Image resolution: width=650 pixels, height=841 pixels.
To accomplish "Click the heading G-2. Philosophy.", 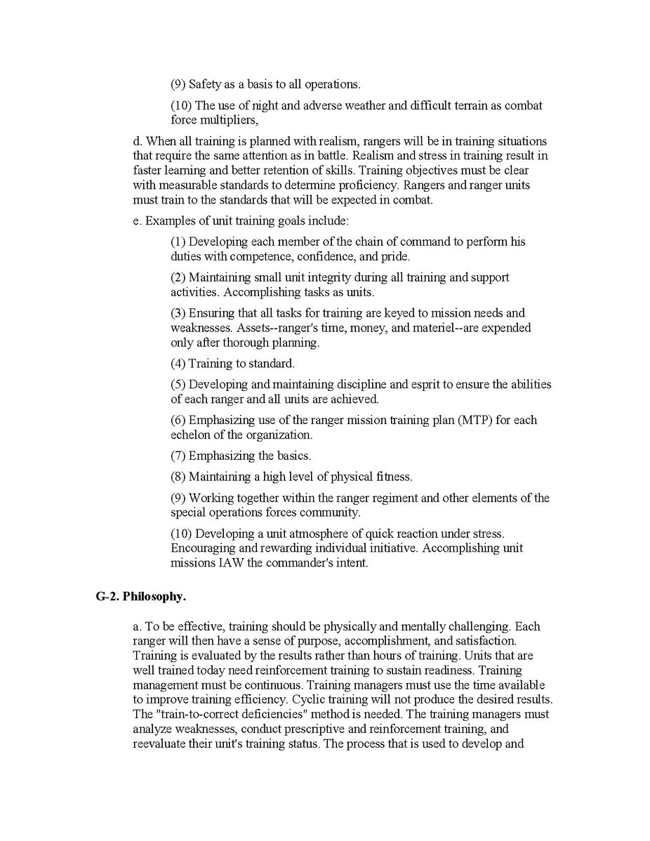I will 140,597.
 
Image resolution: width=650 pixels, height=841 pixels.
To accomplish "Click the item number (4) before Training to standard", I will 178,364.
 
